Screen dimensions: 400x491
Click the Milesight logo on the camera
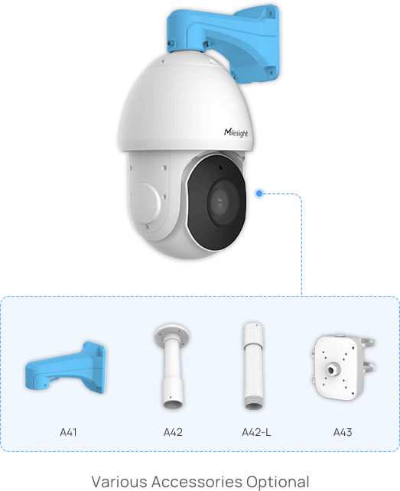tap(236, 133)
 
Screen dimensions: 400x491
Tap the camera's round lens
tap(220, 202)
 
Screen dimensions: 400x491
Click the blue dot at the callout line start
tap(259, 193)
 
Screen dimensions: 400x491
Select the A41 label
tap(68, 432)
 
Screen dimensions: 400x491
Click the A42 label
tap(173, 432)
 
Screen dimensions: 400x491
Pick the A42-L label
tap(256, 432)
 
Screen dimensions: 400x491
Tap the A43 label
tap(343, 432)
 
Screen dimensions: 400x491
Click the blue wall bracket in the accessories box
tap(65, 367)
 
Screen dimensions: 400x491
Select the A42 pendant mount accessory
tap(172, 366)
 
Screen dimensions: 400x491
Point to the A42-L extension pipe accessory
tap(253, 366)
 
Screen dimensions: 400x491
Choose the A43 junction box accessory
tap(343, 367)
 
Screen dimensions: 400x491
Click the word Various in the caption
tap(119, 482)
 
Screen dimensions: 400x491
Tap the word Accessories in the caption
tap(197, 482)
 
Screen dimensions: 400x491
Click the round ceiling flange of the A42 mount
tap(172, 333)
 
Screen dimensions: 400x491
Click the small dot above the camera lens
tap(220, 167)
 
